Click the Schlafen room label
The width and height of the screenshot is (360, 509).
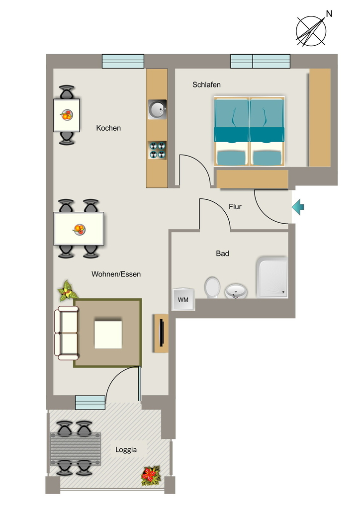[x=206, y=85]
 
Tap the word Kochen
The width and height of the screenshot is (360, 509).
[x=108, y=128]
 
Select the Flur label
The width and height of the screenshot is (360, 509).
[x=235, y=207]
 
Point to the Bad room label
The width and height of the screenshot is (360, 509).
[x=222, y=253]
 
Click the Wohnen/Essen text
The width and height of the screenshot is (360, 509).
[x=116, y=274]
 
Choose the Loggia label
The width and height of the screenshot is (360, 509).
[x=126, y=450]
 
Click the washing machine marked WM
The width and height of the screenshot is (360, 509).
[x=183, y=299]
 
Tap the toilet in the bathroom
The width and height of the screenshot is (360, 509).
[x=212, y=287]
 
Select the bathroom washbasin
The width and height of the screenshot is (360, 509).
[x=236, y=291]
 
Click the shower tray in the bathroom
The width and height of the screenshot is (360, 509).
[x=272, y=277]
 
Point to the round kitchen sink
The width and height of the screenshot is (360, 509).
[x=157, y=109]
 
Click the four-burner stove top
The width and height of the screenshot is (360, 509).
[x=158, y=150]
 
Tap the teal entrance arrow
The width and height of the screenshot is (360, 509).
[x=298, y=207]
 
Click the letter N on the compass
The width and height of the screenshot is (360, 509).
[x=329, y=13]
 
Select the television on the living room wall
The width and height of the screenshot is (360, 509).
[x=162, y=333]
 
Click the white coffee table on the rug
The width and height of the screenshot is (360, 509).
[x=108, y=335]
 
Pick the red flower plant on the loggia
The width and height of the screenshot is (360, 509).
[x=151, y=476]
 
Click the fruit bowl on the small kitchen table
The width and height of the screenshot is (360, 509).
[x=67, y=115]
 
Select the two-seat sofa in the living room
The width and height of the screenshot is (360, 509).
[x=67, y=333]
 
